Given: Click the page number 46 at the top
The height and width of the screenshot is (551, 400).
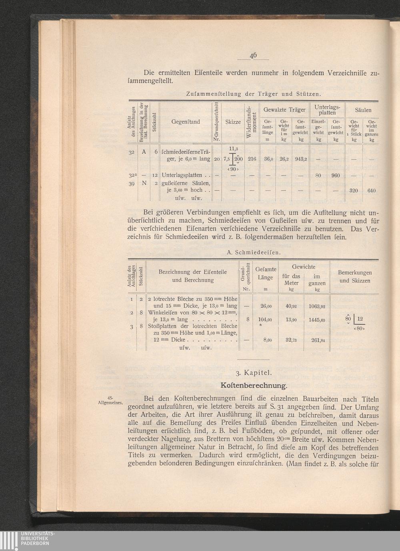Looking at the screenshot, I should pyautogui.click(x=253, y=56).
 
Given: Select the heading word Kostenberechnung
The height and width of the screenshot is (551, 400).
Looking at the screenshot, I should pyautogui.click(x=254, y=386).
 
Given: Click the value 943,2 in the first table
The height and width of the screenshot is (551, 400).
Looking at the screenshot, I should pyautogui.click(x=301, y=159).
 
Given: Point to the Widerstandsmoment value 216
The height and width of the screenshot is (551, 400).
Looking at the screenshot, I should pyautogui.click(x=252, y=159).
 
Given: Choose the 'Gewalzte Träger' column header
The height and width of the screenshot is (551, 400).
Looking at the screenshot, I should pyautogui.click(x=284, y=109).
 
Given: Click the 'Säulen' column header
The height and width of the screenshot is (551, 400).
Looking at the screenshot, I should pyautogui.click(x=363, y=110).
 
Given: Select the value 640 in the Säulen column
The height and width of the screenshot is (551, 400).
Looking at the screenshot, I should pyautogui.click(x=372, y=191).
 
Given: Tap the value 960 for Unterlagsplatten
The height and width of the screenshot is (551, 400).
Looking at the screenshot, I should pyautogui.click(x=335, y=175).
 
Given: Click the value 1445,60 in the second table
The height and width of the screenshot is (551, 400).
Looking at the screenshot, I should pyautogui.click(x=317, y=320).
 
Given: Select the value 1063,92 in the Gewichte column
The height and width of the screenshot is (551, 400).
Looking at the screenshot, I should pyautogui.click(x=317, y=307).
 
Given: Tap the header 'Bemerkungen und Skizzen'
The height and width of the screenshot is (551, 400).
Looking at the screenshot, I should pyautogui.click(x=355, y=277).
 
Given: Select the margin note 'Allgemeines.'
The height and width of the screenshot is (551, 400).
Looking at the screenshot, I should pyautogui.click(x=110, y=402).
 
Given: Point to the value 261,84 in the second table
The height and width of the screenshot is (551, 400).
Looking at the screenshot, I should pyautogui.click(x=317, y=340).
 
